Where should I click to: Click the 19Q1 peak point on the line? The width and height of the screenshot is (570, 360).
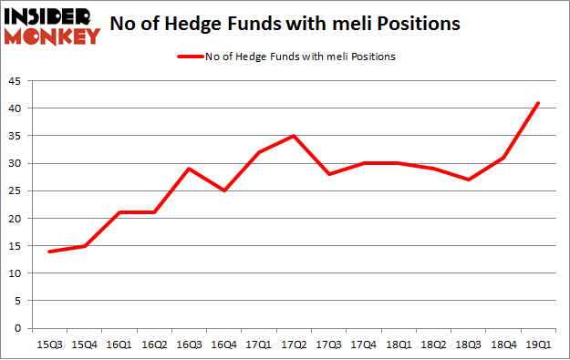pos(538,103)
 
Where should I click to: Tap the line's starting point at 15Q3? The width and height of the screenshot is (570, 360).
pos(50,252)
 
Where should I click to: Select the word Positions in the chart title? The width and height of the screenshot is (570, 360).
pos(415,25)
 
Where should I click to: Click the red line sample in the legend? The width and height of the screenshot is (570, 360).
pos(187,57)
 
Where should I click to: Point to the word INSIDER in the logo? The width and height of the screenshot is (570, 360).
pos(49,16)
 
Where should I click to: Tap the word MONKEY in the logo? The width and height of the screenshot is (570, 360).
pos(52,36)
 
